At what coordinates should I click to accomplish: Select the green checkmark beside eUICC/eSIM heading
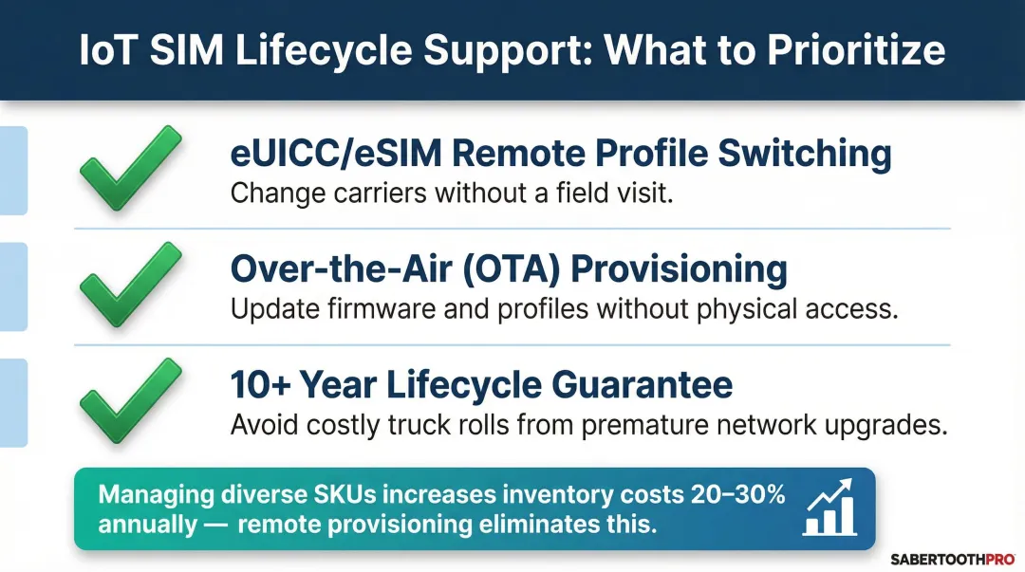pyautogui.click(x=130, y=171)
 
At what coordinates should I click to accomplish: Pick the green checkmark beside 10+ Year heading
pyautogui.click(x=130, y=403)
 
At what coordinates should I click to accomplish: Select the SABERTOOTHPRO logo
pyautogui.click(x=954, y=558)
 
